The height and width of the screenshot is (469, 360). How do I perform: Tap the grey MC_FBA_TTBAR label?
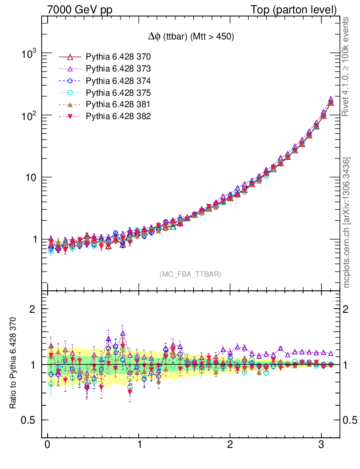[x=190, y=274]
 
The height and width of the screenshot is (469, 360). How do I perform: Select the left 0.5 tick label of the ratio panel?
[x=29, y=420]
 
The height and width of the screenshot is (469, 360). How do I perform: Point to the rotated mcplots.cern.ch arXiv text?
[x=347, y=223]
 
